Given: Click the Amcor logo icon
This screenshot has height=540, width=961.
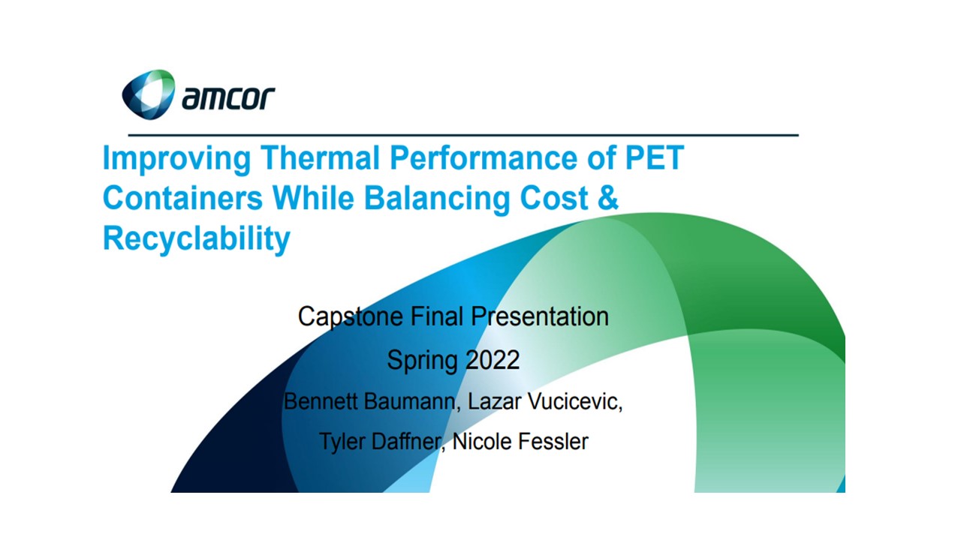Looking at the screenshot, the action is [149, 94].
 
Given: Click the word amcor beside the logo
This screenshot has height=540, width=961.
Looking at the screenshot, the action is [228, 97].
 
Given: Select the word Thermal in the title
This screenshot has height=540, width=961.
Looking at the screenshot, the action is [321, 157].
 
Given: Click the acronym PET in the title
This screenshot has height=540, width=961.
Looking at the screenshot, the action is [654, 157].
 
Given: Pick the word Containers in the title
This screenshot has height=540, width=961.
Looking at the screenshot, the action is [182, 198].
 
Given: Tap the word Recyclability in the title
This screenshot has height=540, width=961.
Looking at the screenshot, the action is [197, 239].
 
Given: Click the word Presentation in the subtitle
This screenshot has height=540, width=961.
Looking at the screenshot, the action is [540, 316].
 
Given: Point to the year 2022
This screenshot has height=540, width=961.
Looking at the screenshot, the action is [493, 359].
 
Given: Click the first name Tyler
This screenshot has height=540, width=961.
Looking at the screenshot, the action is [343, 442].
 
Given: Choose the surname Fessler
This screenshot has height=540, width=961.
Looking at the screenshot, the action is [553, 442].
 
